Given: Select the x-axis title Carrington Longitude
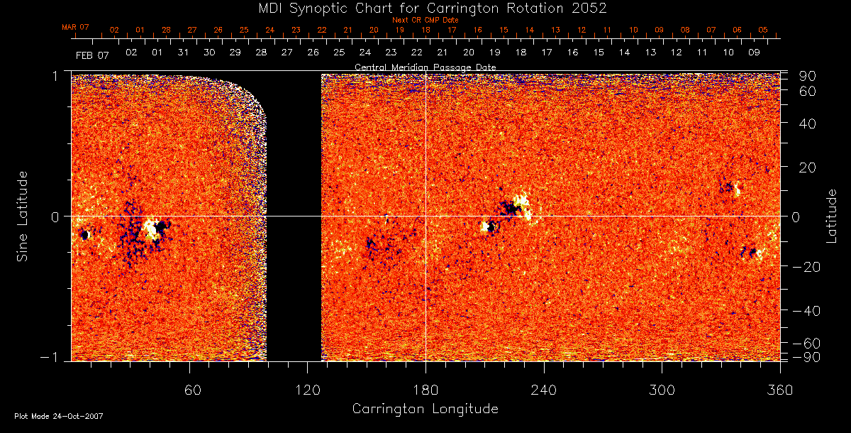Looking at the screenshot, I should [x=425, y=409].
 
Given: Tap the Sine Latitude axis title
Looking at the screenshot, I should [x=23, y=215].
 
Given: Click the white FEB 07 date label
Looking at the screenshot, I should [x=92, y=54].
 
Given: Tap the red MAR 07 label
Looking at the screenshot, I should [x=75, y=27].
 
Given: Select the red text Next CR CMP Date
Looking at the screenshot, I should [x=425, y=20].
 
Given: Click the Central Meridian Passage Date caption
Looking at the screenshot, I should [x=425, y=67].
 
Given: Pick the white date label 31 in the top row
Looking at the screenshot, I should [x=183, y=53].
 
